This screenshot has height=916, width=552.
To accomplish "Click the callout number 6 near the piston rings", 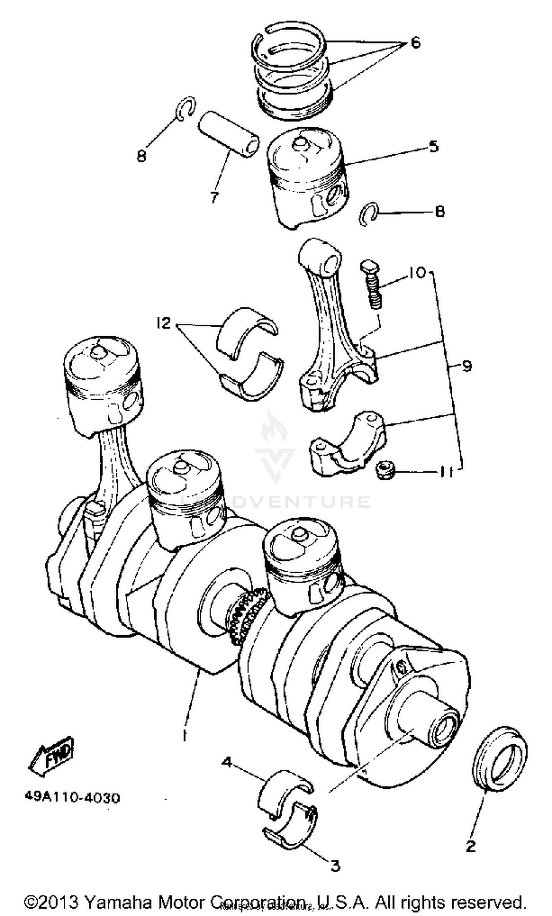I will coord(415,42).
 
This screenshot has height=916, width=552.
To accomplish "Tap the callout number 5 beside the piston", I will coord(434,146).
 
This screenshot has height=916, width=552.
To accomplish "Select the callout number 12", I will coord(163,322).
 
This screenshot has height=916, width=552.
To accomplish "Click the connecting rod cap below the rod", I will coord(347,444).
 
